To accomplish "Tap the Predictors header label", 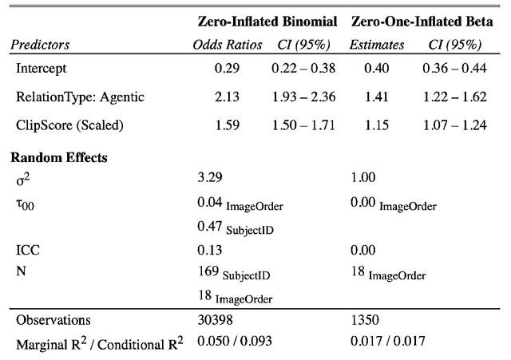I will pyautogui.click(x=42, y=46).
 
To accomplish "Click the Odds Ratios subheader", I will pyautogui.click(x=228, y=46).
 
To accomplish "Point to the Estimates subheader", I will pyautogui.click(x=377, y=46).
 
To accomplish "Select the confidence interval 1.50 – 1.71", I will pyautogui.click(x=303, y=125).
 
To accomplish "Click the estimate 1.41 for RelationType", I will pyautogui.click(x=377, y=97).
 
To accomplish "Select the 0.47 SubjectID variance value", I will pyautogui.click(x=233, y=227).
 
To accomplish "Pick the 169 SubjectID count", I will pyautogui.click(x=233, y=273).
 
